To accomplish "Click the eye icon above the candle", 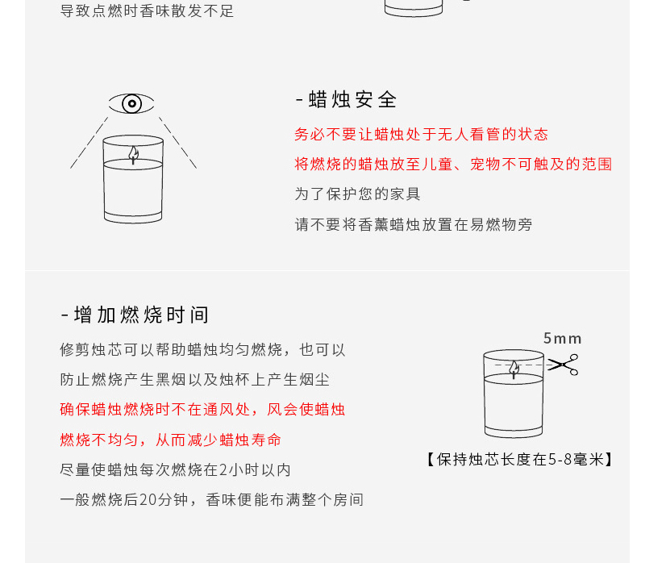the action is click(x=131, y=103).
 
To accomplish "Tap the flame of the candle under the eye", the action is click(x=133, y=154).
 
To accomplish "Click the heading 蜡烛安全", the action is click(x=352, y=100).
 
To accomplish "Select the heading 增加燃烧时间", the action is click(x=141, y=315).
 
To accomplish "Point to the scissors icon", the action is click(x=563, y=365).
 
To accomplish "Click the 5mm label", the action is click(x=562, y=339).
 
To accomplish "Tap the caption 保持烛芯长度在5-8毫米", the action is click(x=520, y=459).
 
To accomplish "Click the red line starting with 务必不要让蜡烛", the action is click(x=421, y=135).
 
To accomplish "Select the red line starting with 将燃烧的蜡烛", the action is click(x=453, y=165).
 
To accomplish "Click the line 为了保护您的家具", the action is click(x=357, y=194).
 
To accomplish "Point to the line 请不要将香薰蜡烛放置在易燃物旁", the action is click(x=414, y=225).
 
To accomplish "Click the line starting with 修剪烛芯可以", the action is click(x=202, y=350).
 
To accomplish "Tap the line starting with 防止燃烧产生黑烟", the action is click(x=195, y=380).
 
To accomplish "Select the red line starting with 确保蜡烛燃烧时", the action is click(x=202, y=410).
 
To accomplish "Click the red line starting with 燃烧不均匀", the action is click(x=171, y=440).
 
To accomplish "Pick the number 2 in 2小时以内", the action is click(x=223, y=470).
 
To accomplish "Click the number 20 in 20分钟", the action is click(x=148, y=500).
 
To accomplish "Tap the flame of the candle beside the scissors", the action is click(x=514, y=369).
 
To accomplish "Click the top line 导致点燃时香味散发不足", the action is click(x=148, y=10).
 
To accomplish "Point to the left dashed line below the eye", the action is click(x=89, y=143).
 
